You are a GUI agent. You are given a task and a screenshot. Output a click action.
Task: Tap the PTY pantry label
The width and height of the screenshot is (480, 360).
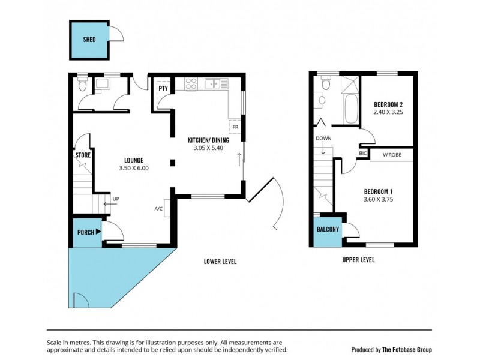[163, 89]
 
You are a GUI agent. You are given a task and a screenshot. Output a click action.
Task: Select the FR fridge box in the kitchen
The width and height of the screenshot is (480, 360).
[235, 127]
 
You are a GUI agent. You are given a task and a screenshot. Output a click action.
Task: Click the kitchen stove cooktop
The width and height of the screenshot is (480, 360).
[192, 85]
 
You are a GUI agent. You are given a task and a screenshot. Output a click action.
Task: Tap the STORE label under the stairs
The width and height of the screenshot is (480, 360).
[82, 155]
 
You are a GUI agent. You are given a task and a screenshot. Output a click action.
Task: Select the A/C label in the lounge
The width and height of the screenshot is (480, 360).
[158, 209]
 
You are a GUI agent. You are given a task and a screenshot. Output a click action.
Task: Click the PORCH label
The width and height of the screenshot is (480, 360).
[85, 232]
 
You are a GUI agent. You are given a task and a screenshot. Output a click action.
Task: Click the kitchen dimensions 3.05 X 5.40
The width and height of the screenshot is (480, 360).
[204, 148]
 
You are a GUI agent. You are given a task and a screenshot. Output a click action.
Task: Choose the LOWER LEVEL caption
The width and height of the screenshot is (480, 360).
[220, 261]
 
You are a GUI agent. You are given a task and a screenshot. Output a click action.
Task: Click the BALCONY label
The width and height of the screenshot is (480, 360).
[328, 229]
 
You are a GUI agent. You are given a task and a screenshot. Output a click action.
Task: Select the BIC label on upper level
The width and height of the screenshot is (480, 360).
[362, 154]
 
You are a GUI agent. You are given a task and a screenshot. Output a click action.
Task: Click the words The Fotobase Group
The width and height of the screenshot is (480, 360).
[407, 349]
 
